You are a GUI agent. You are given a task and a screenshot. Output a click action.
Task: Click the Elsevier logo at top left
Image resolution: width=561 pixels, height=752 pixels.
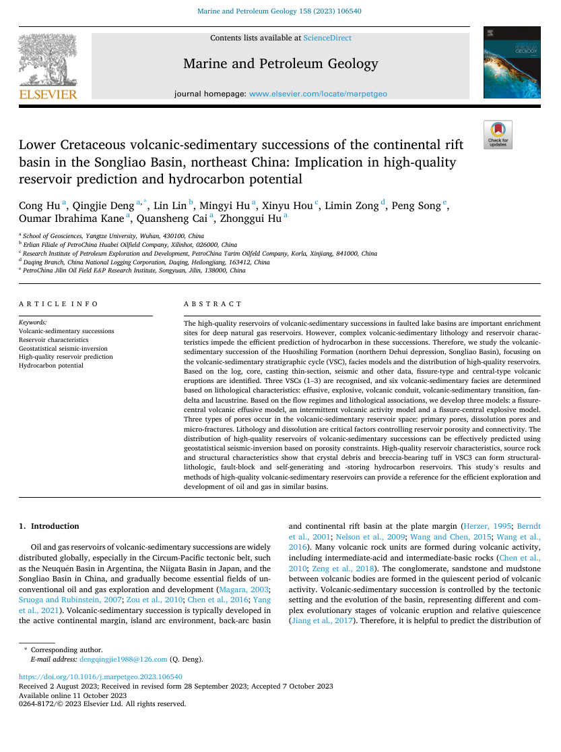tap(47, 66)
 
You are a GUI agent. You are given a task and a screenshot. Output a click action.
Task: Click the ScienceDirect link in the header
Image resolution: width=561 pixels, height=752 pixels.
tap(327, 38)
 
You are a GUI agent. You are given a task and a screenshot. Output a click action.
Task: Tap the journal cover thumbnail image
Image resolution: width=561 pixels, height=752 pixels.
tap(511, 63)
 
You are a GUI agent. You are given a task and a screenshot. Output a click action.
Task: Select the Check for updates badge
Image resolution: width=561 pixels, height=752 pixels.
tap(498, 134)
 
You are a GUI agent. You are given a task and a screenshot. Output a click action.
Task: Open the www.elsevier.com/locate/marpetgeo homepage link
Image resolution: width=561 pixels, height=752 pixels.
tap(318, 94)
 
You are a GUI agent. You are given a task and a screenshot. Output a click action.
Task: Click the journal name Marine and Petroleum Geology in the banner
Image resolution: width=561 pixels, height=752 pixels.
tap(280, 65)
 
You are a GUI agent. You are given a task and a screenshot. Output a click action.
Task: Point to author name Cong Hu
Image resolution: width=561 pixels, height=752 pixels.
tap(40, 206)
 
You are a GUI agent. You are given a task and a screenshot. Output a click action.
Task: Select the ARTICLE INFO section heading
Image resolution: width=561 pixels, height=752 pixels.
tap(59, 304)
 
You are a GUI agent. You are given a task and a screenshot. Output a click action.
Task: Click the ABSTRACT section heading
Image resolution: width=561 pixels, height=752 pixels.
tap(213, 304)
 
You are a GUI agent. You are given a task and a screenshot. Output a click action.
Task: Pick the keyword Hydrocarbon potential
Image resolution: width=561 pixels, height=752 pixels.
tap(51, 366)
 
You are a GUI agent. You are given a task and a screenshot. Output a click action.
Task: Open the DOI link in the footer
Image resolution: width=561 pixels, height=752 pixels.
tap(100, 676)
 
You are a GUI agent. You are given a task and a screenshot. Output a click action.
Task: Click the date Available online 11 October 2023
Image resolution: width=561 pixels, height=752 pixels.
tap(73, 695)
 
